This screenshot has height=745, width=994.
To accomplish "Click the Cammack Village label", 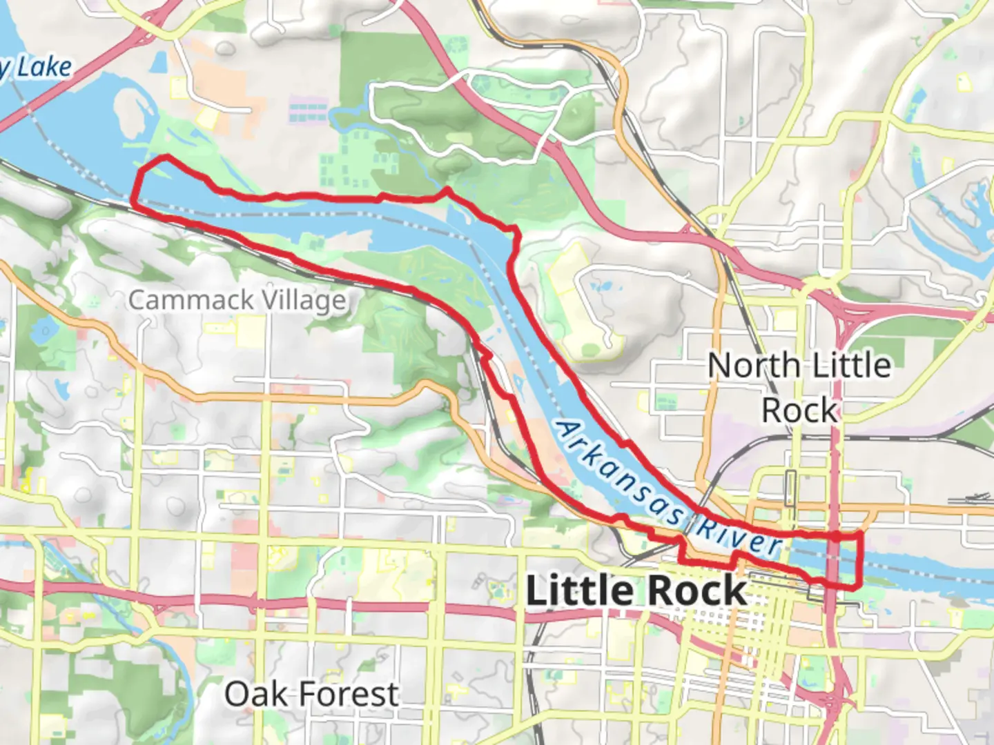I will click(237, 301).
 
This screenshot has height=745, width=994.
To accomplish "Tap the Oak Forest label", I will click(311, 694).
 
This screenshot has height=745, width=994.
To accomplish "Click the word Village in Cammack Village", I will click(302, 301).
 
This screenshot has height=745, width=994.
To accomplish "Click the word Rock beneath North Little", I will click(799, 411).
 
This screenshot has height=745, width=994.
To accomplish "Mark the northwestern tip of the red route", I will click(164, 158).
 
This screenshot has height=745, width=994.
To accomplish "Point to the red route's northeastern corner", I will click(859, 534).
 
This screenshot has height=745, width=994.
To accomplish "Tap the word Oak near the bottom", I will click(255, 694).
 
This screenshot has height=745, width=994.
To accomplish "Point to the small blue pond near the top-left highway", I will click(158, 63).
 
